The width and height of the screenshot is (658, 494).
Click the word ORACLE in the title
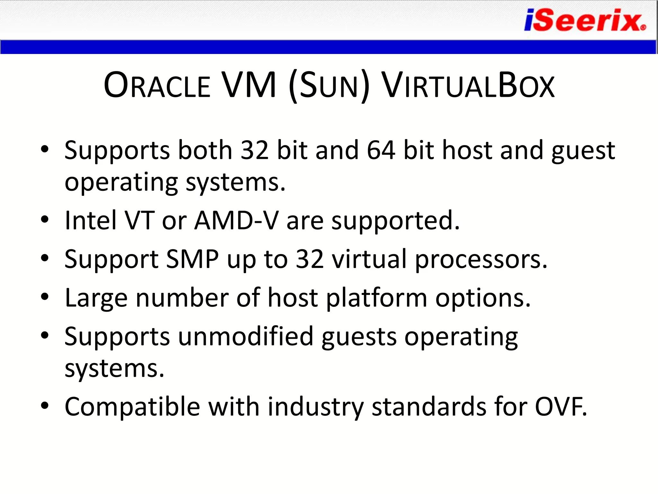[x=157, y=86]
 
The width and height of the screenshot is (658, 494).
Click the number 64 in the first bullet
[x=381, y=150]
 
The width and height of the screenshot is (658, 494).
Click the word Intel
[x=91, y=221]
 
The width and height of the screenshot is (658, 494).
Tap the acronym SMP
[x=192, y=259]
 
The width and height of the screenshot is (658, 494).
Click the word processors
[x=481, y=260]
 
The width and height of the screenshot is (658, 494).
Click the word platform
[x=377, y=298]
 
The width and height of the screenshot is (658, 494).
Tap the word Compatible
[x=132, y=407]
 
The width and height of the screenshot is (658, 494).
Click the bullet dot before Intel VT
[x=45, y=220]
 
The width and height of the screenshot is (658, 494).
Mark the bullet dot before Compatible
[x=45, y=406]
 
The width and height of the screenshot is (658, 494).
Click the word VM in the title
[x=249, y=85]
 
